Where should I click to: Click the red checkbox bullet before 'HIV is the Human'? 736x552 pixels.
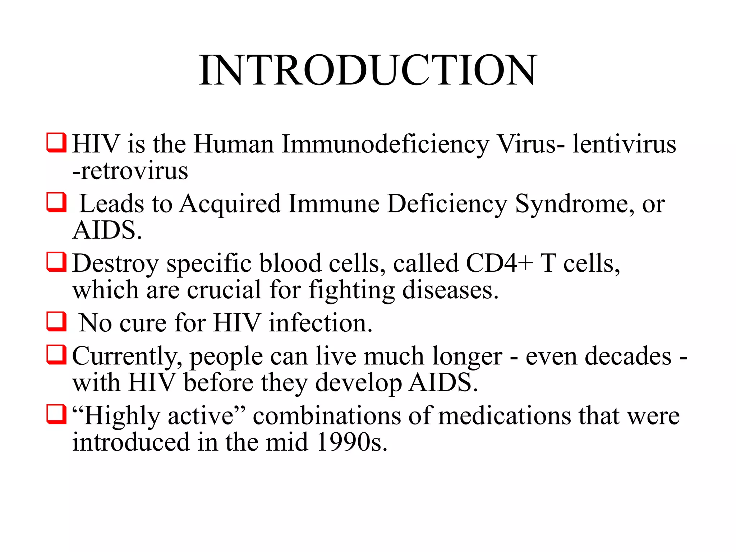(56, 143)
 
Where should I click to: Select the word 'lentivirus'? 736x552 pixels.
(624, 144)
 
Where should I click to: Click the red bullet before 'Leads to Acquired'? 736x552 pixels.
(56, 202)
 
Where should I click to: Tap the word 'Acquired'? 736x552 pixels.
(230, 204)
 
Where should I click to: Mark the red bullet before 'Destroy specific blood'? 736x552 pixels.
(56, 262)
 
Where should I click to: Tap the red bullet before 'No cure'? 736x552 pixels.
(56, 321)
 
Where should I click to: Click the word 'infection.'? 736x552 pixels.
(321, 323)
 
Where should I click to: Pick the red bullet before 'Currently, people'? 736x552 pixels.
(56, 354)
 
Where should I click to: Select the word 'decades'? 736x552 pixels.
(628, 356)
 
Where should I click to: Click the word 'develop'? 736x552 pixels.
(358, 383)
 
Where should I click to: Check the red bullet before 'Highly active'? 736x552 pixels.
(56, 414)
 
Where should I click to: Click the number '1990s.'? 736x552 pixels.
(352, 442)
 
